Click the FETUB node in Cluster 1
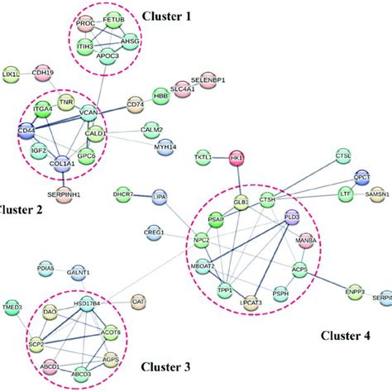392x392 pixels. click(x=112, y=19)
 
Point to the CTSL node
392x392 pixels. click(x=342, y=155)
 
